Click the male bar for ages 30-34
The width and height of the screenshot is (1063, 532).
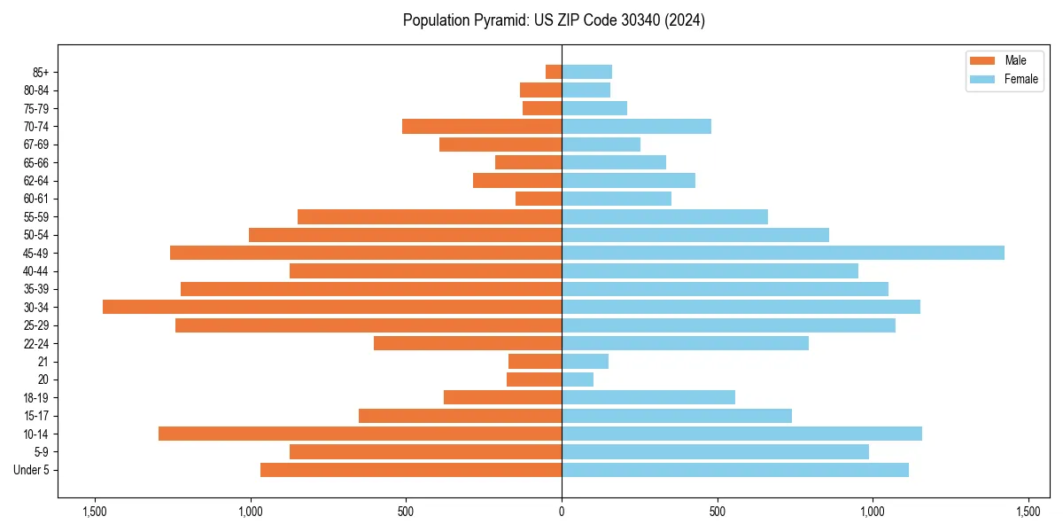332,307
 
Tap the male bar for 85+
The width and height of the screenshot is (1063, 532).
554,72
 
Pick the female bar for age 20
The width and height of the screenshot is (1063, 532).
578,379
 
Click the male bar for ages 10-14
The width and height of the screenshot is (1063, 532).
360,434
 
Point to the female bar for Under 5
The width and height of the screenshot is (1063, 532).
735,470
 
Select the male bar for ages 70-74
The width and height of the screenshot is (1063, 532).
482,126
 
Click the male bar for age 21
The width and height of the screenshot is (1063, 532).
535,362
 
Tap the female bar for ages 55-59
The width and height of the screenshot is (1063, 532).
664,216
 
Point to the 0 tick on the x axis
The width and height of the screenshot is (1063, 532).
562,512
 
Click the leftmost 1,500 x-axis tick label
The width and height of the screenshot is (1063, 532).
95,512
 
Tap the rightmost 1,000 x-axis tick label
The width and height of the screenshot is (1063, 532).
873,512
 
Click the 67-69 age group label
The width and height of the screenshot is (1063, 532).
36,145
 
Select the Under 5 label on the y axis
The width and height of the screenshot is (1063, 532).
32,470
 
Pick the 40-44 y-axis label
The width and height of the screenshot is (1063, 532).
36,271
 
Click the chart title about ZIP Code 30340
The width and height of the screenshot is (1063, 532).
554,20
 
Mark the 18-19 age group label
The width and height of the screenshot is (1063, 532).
36,398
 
